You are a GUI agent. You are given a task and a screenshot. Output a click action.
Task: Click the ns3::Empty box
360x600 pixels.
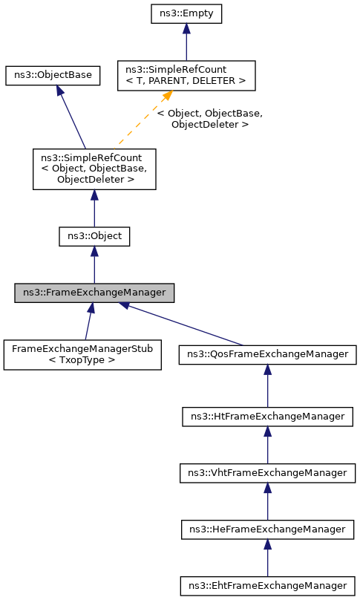click(186, 13)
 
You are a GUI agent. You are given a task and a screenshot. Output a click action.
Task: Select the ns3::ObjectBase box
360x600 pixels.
click(52, 75)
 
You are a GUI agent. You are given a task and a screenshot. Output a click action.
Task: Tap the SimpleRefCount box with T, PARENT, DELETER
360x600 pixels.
click(186, 75)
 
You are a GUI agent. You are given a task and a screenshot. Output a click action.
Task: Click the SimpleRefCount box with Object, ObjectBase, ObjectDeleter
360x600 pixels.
click(94, 169)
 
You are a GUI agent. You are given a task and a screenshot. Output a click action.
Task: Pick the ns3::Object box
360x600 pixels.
click(94, 237)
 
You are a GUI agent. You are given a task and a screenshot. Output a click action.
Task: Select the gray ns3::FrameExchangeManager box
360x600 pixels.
click(94, 293)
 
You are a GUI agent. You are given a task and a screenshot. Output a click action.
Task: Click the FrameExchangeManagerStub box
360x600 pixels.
click(82, 354)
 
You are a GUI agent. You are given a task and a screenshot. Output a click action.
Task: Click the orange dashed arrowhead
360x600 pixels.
click(168, 97)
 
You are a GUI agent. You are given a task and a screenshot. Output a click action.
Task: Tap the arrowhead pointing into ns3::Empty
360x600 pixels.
click(186, 28)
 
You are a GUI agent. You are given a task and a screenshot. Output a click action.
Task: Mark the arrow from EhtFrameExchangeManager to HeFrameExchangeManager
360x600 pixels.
click(267, 557)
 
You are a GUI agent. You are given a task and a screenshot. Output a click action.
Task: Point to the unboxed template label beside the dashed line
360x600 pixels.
click(209, 119)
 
